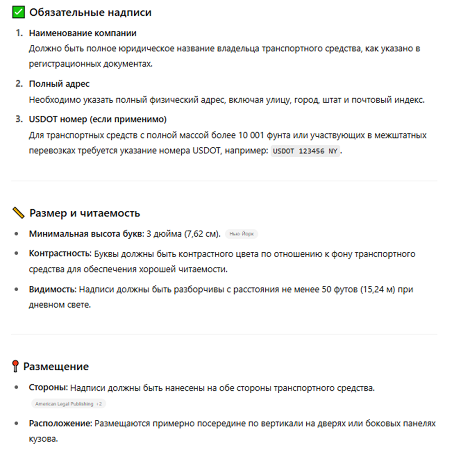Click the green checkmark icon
[x=18, y=13]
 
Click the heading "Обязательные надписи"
[x=90, y=13]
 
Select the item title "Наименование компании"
[x=83, y=33]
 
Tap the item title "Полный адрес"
[x=59, y=84]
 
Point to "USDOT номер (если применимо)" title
[x=97, y=119]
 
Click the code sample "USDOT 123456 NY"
[x=306, y=152]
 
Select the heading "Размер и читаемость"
[x=84, y=213]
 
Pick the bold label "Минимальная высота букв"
[x=86, y=234]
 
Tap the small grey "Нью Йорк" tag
[x=241, y=234]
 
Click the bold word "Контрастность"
[x=59, y=254]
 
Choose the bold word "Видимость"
[x=52, y=289]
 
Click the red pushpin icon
[x=15, y=367]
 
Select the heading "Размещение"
[x=56, y=367]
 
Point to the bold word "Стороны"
[x=48, y=388]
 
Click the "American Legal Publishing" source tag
[x=65, y=403]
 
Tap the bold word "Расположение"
[x=59, y=424]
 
